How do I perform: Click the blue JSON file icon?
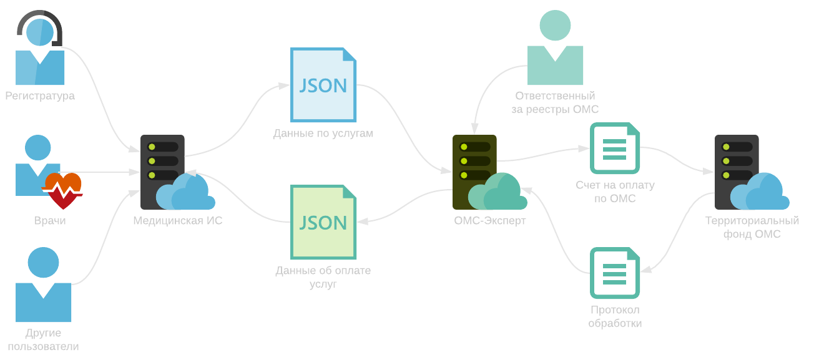pyautogui.click(x=323, y=85)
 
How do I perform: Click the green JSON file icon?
pyautogui.click(x=323, y=222)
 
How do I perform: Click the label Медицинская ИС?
pyautogui.click(x=178, y=220)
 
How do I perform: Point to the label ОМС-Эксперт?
pyautogui.click(x=489, y=220)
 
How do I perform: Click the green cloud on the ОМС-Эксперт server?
pyautogui.click(x=498, y=192)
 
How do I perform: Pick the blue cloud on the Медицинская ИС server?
pyautogui.click(x=185, y=192)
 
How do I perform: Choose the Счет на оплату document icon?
pyautogui.click(x=615, y=148)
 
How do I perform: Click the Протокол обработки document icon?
pyautogui.click(x=615, y=273)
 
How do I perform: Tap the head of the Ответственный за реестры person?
pyautogui.click(x=555, y=25)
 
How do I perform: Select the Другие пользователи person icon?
pyautogui.click(x=43, y=285)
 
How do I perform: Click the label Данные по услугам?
pyautogui.click(x=323, y=134)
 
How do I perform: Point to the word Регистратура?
pyautogui.click(x=40, y=96)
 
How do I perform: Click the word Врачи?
pyautogui.click(x=50, y=220)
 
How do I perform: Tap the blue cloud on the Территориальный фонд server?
pyautogui.click(x=760, y=192)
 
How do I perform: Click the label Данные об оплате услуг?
pyautogui.click(x=323, y=277)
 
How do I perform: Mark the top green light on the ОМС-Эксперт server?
pyautogui.click(x=464, y=147)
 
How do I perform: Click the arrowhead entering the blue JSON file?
pyautogui.click(x=284, y=85)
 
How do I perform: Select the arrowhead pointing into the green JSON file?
pyautogui.click(x=363, y=221)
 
